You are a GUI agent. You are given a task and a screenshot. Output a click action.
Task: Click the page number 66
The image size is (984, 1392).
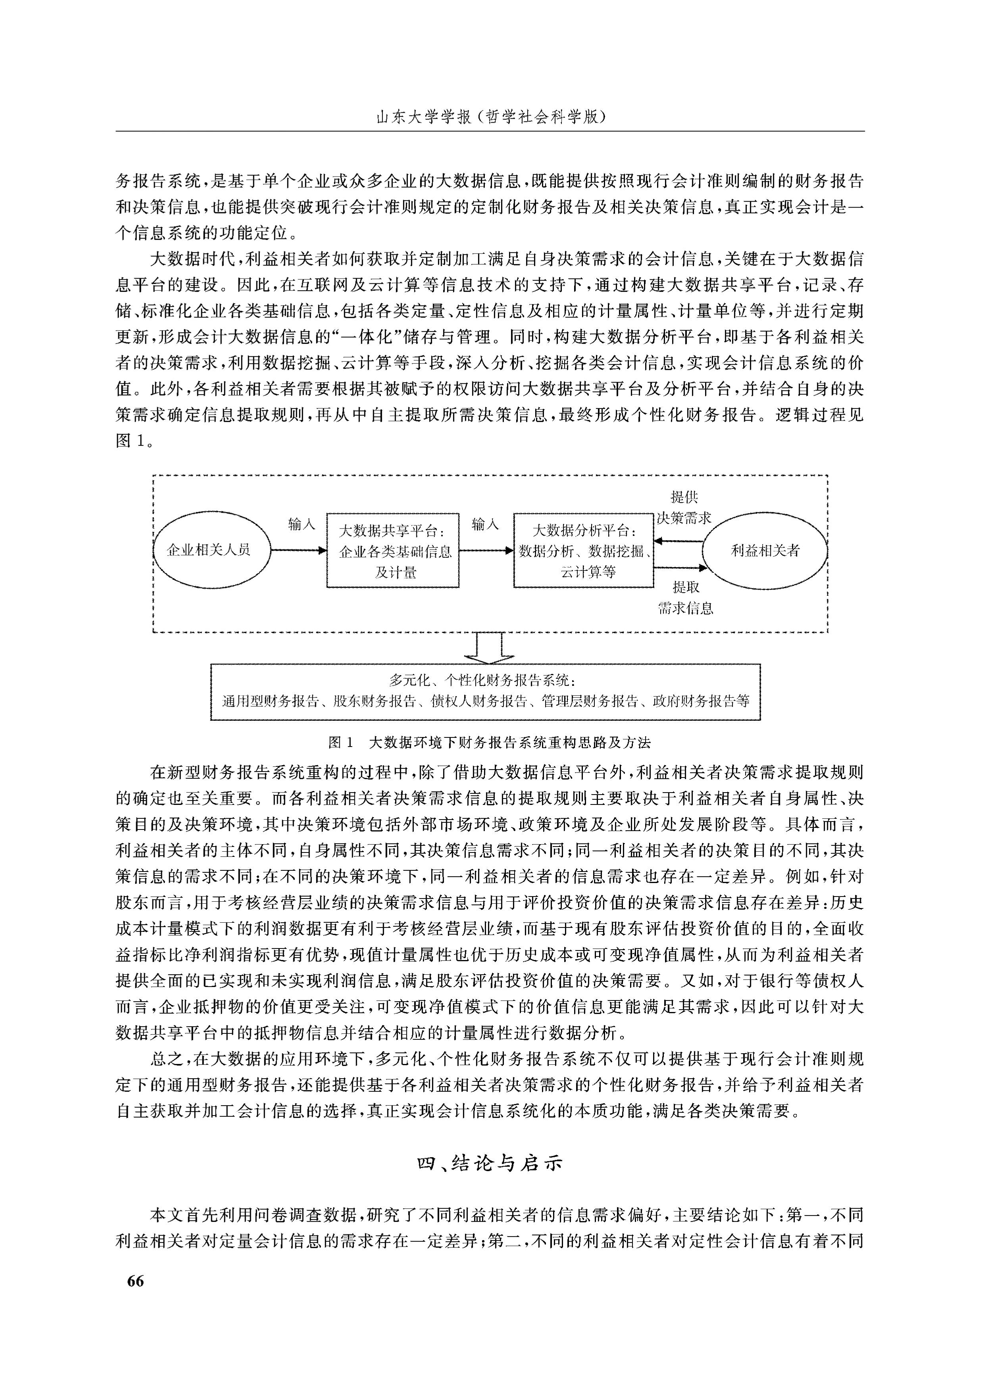click(136, 1281)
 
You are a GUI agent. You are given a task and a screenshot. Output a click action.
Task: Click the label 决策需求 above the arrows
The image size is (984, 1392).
click(684, 518)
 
